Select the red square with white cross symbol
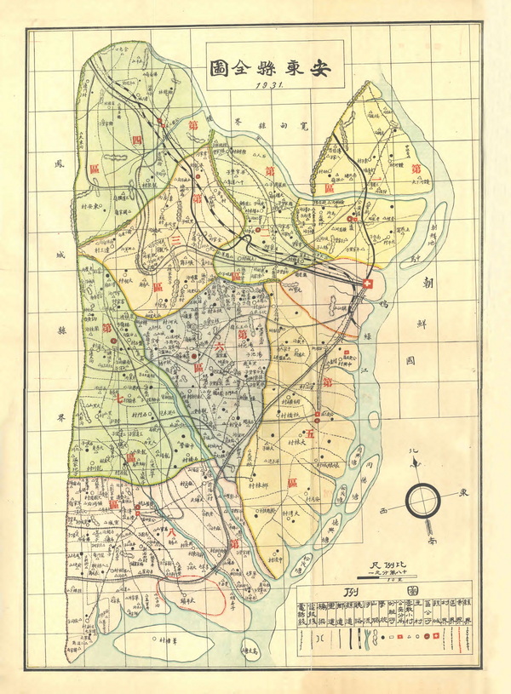pos(368,284)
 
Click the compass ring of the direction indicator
pos(422,501)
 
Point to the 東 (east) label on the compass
pos(464,492)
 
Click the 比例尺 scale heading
pos(388,565)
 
